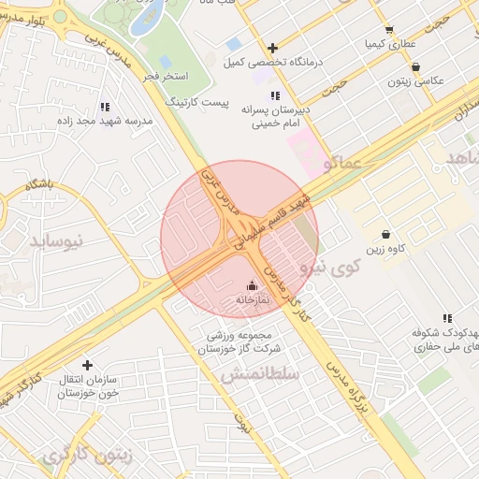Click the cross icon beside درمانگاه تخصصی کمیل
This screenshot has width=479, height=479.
[x=272, y=48]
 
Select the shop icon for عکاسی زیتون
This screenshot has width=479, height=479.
[x=415, y=66]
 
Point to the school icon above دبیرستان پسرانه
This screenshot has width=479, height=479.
[x=274, y=95]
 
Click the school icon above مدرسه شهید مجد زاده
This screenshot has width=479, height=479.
[x=104, y=108]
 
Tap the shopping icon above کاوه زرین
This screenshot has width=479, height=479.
[x=385, y=235]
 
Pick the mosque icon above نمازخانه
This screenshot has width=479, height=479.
[x=252, y=286]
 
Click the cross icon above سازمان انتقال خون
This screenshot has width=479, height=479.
[x=88, y=365]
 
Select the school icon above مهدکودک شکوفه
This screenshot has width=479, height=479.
[x=448, y=318]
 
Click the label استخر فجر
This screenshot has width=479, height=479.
[x=168, y=75]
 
